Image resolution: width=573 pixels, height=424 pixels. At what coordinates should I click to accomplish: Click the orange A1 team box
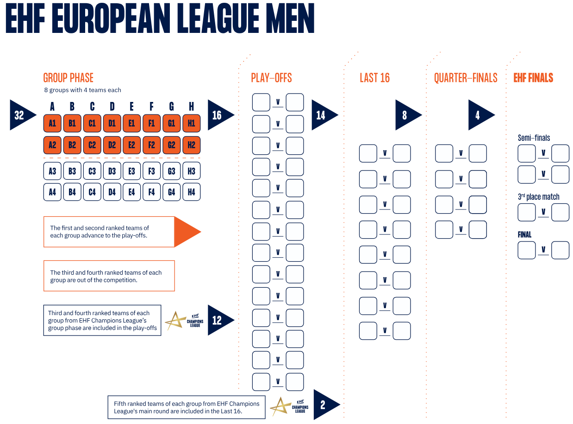click(x=52, y=123)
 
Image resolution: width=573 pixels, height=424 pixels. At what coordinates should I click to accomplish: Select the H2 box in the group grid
click(x=192, y=145)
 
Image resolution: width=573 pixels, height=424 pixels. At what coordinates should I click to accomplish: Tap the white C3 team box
click(x=92, y=171)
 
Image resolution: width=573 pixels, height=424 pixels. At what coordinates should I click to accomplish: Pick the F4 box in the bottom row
click(x=152, y=191)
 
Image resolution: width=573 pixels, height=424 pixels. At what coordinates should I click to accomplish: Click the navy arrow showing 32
click(x=21, y=115)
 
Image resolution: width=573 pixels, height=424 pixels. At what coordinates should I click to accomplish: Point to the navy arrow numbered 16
click(x=218, y=115)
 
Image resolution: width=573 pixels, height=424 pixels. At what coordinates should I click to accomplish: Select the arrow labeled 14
click(x=323, y=115)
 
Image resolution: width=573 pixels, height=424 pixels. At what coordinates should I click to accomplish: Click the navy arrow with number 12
click(x=218, y=320)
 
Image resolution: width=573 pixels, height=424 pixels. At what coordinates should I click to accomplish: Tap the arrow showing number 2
click(x=324, y=405)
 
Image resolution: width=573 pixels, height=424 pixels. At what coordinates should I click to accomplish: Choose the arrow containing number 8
click(x=406, y=115)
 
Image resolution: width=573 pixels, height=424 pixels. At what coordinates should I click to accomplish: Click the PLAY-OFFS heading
click(x=272, y=78)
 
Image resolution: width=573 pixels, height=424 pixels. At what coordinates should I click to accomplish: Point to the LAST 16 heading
click(x=375, y=78)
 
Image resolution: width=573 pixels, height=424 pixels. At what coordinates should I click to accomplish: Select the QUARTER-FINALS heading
click(x=466, y=78)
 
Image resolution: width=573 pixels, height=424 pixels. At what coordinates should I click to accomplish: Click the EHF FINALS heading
click(x=533, y=78)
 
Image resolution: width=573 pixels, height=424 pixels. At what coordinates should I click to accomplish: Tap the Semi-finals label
click(x=534, y=138)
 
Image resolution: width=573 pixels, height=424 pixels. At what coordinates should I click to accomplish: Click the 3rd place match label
click(x=538, y=197)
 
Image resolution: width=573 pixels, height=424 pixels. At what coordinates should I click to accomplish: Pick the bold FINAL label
click(x=524, y=234)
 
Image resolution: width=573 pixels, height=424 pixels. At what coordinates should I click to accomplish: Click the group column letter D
click(x=112, y=107)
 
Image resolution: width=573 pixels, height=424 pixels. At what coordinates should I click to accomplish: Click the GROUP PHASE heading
click(x=68, y=78)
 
